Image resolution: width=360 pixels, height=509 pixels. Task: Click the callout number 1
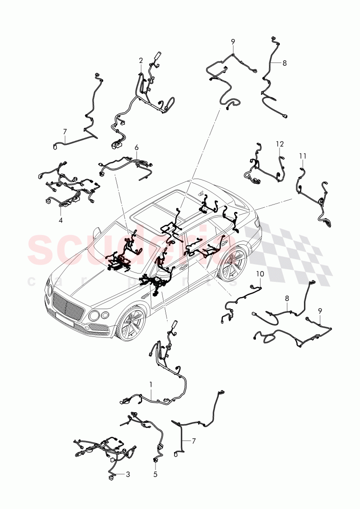point(150,384)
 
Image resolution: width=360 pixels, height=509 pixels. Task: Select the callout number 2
point(141,60)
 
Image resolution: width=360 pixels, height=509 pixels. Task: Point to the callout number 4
point(60,221)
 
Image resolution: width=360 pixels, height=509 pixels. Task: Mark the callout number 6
point(137,148)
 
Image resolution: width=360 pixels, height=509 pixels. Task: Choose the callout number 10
point(260,274)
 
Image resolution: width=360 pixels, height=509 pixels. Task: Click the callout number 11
point(302,156)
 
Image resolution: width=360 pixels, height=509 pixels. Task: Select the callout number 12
point(279,144)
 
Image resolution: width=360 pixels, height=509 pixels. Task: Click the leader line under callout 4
point(60,211)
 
